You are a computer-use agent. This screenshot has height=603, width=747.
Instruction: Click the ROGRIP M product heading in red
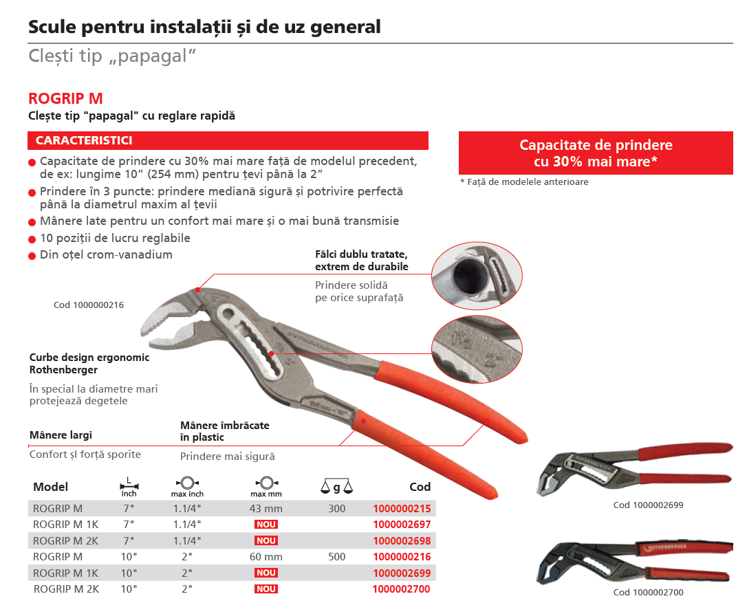coord(66,98)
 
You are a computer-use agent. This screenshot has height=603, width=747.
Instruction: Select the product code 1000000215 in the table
coord(402,509)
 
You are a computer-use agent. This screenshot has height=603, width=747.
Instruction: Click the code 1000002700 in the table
coord(402,589)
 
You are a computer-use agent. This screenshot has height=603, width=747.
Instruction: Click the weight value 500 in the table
coord(337,557)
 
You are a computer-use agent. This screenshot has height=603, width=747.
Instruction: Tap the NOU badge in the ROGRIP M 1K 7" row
coord(266,525)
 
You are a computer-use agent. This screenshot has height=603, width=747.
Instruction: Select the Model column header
coord(51,487)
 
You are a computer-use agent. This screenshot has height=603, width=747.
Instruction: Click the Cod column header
coord(420,487)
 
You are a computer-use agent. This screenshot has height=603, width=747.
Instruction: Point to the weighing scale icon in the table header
coord(336,487)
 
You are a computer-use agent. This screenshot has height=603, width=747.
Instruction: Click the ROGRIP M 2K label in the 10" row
coord(66,589)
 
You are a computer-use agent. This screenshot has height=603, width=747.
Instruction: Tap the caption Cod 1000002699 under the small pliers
coord(648,505)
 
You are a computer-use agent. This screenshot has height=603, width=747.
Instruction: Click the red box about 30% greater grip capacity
coord(596,153)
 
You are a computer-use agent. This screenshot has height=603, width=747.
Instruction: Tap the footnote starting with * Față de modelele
coord(523,182)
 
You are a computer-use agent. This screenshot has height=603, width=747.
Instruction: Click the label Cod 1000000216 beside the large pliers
coord(89,305)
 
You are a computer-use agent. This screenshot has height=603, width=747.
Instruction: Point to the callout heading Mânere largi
coord(61,435)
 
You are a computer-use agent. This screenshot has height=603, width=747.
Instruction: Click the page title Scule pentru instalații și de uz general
coord(204,28)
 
